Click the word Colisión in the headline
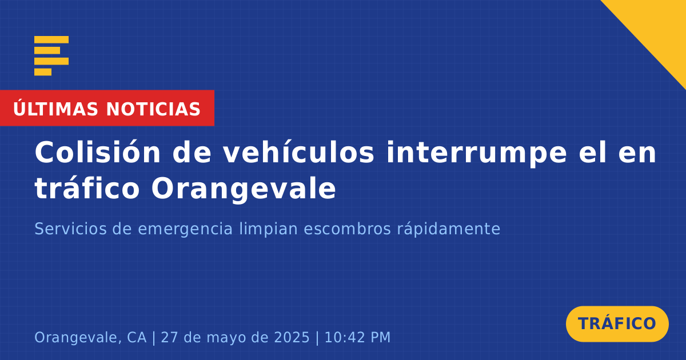pyautogui.click(x=97, y=152)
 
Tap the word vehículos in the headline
pyautogui.click(x=298, y=152)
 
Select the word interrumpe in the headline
pyautogui.click(x=477, y=153)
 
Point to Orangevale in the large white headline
pyautogui.click(x=244, y=189)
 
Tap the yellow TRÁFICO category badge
pyautogui.click(x=617, y=324)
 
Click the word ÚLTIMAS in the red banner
pyautogui.click(x=55, y=109)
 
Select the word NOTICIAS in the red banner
pyautogui.click(x=153, y=109)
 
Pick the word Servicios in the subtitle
pyautogui.click(x=70, y=229)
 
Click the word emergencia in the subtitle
pyautogui.click(x=185, y=229)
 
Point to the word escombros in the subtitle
pyautogui.click(x=348, y=229)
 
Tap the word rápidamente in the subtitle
pyautogui.click(x=449, y=229)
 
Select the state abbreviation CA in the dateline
pyautogui.click(x=137, y=337)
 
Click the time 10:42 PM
pyautogui.click(x=357, y=337)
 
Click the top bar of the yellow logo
pyautogui.click(x=51, y=39)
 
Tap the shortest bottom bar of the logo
pyautogui.click(x=43, y=72)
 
